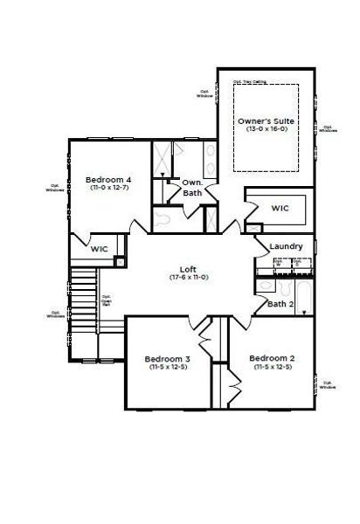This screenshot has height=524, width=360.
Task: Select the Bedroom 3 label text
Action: [x=167, y=359]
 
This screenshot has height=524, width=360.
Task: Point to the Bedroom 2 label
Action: [x=272, y=358]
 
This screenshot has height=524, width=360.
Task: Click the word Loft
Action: [x=185, y=269]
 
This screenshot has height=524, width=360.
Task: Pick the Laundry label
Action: [x=287, y=247]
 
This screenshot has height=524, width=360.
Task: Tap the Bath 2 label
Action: [x=280, y=304]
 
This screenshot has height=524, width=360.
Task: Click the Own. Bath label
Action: [x=193, y=188]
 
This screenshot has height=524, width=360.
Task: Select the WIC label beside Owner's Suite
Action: [x=280, y=209]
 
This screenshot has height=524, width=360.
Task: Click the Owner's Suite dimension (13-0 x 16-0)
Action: [x=266, y=128]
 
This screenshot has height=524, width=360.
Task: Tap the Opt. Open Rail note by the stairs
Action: [x=106, y=300]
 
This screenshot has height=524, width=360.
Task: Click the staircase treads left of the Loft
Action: [x=82, y=297]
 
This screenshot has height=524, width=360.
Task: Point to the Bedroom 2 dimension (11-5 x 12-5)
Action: [x=272, y=367]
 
